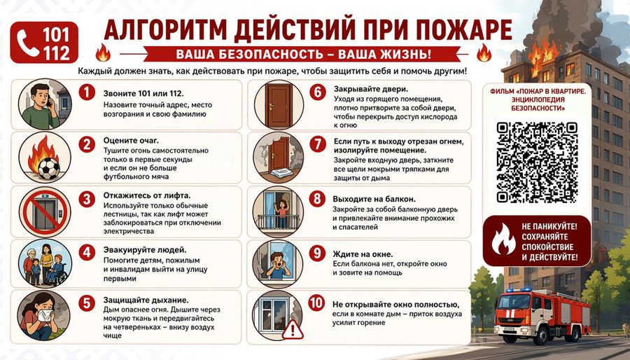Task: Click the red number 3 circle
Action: pyautogui.click(x=87, y=200)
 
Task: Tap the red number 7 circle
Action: pyautogui.click(x=317, y=144)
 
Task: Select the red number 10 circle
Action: pyautogui.click(x=316, y=303)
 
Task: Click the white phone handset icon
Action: pyautogui.click(x=28, y=43)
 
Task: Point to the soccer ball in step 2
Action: pyautogui.click(x=49, y=168)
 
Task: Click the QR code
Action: pyautogui.click(x=537, y=162)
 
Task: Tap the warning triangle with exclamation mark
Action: pyautogui.click(x=293, y=329)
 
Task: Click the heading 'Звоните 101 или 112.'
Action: pyautogui.click(x=143, y=94)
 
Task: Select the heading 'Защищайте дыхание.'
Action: pyautogui.click(x=146, y=300)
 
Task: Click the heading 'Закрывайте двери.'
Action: pyautogui.click(x=371, y=89)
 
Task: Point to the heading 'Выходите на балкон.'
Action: pyautogui.click(x=374, y=200)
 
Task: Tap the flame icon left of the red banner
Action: pyautogui.click(x=103, y=53)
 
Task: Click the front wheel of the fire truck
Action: pyautogui.click(x=541, y=335)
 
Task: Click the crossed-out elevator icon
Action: pyautogui.click(x=45, y=212)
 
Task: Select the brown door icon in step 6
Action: pyautogui.click(x=278, y=105)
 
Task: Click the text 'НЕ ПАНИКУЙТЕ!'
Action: pyautogui.click(x=549, y=227)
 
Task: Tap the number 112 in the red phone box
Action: pyautogui.click(x=57, y=53)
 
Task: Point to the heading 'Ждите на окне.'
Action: pyautogui.click(x=363, y=254)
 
